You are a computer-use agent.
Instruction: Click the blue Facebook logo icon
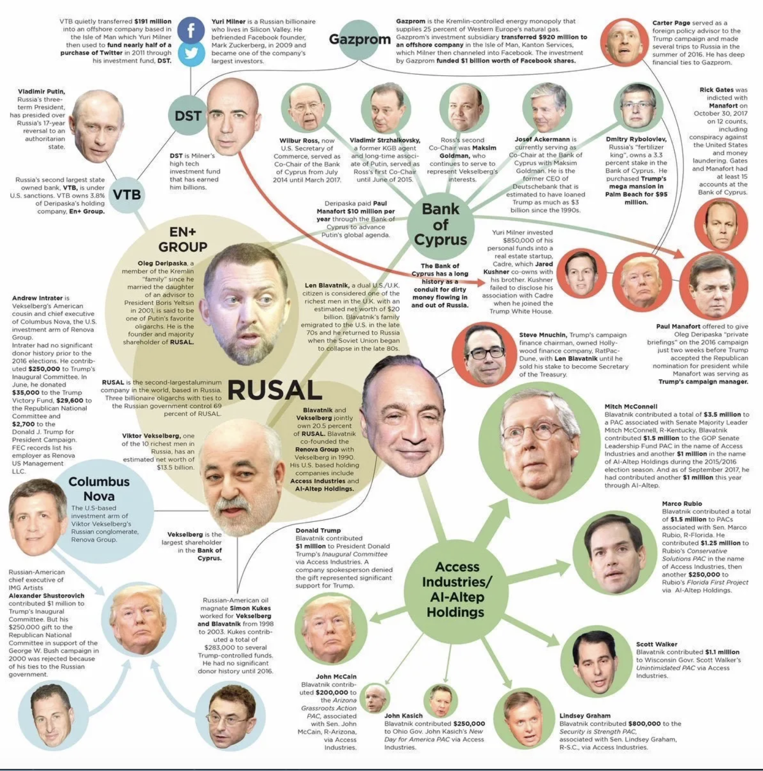(x=190, y=30)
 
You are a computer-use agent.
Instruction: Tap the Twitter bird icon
(x=191, y=53)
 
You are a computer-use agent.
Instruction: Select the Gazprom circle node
(x=359, y=39)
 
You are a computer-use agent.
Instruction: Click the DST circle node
(x=187, y=115)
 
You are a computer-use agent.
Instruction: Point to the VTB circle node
(x=127, y=195)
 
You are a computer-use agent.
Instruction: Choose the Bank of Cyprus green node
(x=440, y=225)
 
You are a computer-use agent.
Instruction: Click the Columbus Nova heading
(x=99, y=489)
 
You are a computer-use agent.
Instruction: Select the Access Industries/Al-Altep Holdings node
(x=456, y=589)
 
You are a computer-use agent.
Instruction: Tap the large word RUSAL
(x=275, y=390)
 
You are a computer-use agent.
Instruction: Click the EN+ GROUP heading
(x=183, y=239)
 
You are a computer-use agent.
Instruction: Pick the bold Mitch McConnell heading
(x=631, y=406)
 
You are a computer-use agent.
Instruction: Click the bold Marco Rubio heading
(x=682, y=503)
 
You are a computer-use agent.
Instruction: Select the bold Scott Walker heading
(x=657, y=644)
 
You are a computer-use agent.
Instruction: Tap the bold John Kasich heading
(x=403, y=715)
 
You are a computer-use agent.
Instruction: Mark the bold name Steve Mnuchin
(x=542, y=335)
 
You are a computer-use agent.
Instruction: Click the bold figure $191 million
(x=153, y=21)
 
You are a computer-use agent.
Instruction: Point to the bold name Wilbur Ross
(x=299, y=140)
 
